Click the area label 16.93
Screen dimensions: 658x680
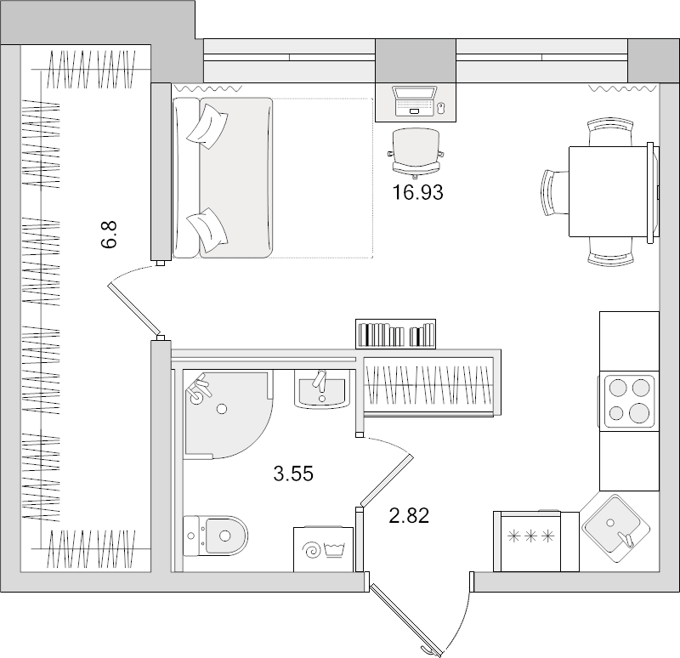coord(417,193)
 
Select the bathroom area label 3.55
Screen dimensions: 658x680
coord(293,474)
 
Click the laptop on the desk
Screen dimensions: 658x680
coord(416,101)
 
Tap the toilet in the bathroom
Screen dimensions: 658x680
coord(216,534)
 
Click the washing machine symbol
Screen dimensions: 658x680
coord(323,549)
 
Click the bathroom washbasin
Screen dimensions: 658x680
coord(321,391)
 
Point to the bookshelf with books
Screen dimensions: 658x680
coord(395,333)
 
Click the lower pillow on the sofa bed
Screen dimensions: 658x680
coord(206,226)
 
